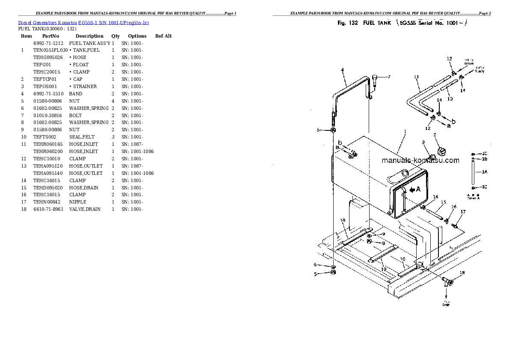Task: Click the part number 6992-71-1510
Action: pyautogui.click(x=48, y=94)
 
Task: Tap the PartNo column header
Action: pyautogui.click(x=50, y=36)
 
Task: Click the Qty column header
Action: pyautogui.click(x=115, y=36)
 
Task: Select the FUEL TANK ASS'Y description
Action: pyautogui.click(x=90, y=43)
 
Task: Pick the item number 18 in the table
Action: pyautogui.click(x=24, y=209)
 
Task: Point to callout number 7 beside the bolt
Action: pyautogui.click(x=389, y=77)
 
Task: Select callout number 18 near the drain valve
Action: pyautogui.click(x=462, y=273)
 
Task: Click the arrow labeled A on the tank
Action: pyautogui.click(x=415, y=189)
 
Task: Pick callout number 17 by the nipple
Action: pyautogui.click(x=463, y=212)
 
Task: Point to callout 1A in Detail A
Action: pyautogui.click(x=484, y=172)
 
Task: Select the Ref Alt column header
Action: pyautogui.click(x=163, y=36)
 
